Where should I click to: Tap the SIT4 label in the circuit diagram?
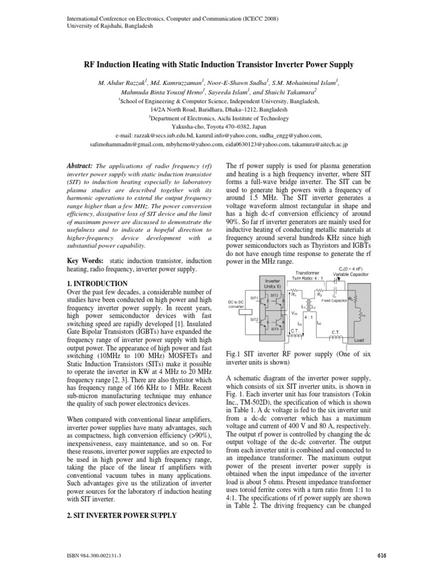point(274,328)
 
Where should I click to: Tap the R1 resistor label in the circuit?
point(294,295)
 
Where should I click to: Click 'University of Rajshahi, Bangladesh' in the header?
point(101,26)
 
